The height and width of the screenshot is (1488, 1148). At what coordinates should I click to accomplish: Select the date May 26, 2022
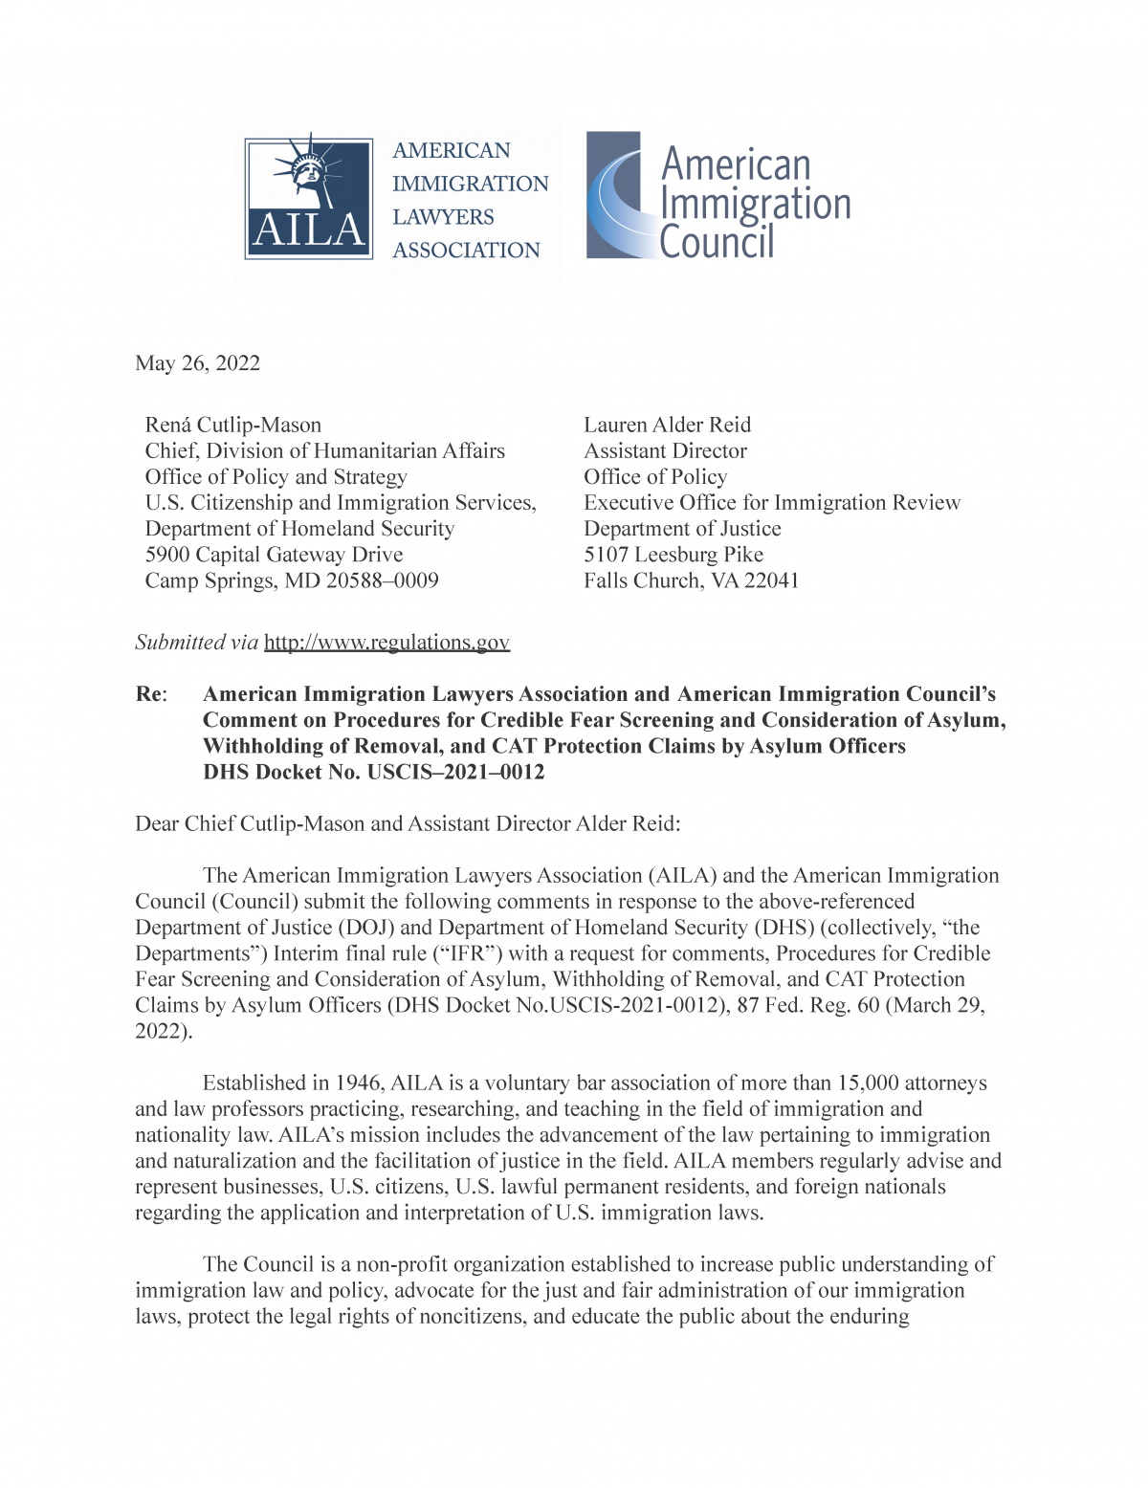pyautogui.click(x=197, y=363)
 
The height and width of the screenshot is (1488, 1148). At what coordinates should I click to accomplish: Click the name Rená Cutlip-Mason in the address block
pyautogui.click(x=232, y=425)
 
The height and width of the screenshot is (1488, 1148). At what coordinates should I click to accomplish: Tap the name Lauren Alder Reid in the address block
pyautogui.click(x=667, y=425)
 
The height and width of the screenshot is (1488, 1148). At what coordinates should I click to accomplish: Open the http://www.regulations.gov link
pyautogui.click(x=386, y=643)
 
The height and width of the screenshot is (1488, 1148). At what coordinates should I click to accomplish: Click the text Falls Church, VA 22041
pyautogui.click(x=691, y=580)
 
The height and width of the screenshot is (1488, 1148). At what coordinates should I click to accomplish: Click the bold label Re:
pyautogui.click(x=151, y=694)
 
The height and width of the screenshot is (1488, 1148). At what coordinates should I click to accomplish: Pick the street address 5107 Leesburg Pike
pyautogui.click(x=673, y=555)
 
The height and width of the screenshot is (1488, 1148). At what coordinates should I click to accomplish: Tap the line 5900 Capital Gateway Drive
pyautogui.click(x=274, y=555)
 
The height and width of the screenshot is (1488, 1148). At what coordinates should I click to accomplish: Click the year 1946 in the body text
pyautogui.click(x=359, y=1083)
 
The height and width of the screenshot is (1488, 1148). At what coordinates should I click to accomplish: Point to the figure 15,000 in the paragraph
pyautogui.click(x=868, y=1083)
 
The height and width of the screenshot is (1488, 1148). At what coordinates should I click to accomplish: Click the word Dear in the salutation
pyautogui.click(x=157, y=824)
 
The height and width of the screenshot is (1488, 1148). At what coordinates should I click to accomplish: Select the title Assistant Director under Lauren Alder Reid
pyautogui.click(x=665, y=450)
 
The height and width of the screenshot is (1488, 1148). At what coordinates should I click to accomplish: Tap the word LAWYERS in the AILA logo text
pyautogui.click(x=443, y=217)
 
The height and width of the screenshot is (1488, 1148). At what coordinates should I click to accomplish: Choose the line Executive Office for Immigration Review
pyautogui.click(x=771, y=503)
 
